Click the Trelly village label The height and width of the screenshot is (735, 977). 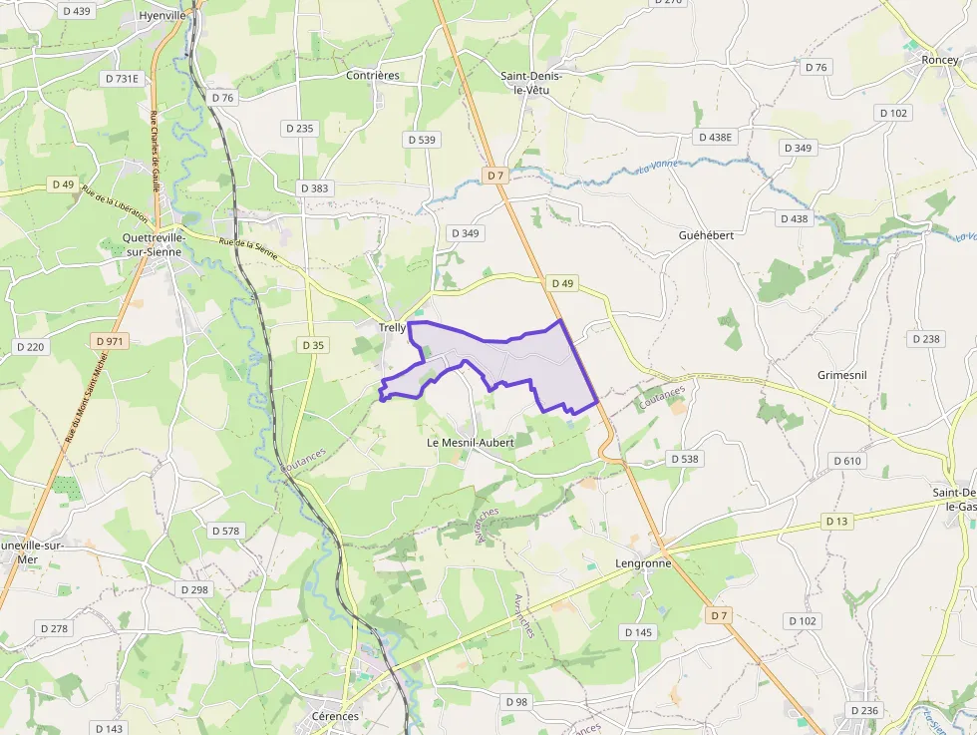[x=392, y=327]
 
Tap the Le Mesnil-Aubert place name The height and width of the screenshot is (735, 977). [x=470, y=442]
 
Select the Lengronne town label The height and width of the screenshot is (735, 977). [x=643, y=562]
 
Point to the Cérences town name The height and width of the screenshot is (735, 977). [x=334, y=716]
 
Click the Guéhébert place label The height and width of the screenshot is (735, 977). [x=706, y=234]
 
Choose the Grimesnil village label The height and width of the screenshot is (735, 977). [x=842, y=375]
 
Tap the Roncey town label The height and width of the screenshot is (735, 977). [x=939, y=60]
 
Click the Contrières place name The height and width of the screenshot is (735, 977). [x=372, y=75]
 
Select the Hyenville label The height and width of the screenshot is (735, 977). [x=163, y=16]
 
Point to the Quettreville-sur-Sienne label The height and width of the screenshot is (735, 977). [x=153, y=244]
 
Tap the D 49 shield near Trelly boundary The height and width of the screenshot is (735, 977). [x=562, y=284]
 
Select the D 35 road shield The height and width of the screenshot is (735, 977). [x=312, y=345]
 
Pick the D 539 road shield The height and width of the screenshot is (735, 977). [x=422, y=140]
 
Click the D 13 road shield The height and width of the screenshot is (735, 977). [x=836, y=522]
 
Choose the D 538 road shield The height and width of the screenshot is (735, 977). [x=684, y=459]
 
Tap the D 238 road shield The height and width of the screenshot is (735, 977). [x=925, y=339]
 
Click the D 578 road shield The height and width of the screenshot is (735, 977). [x=225, y=531]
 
